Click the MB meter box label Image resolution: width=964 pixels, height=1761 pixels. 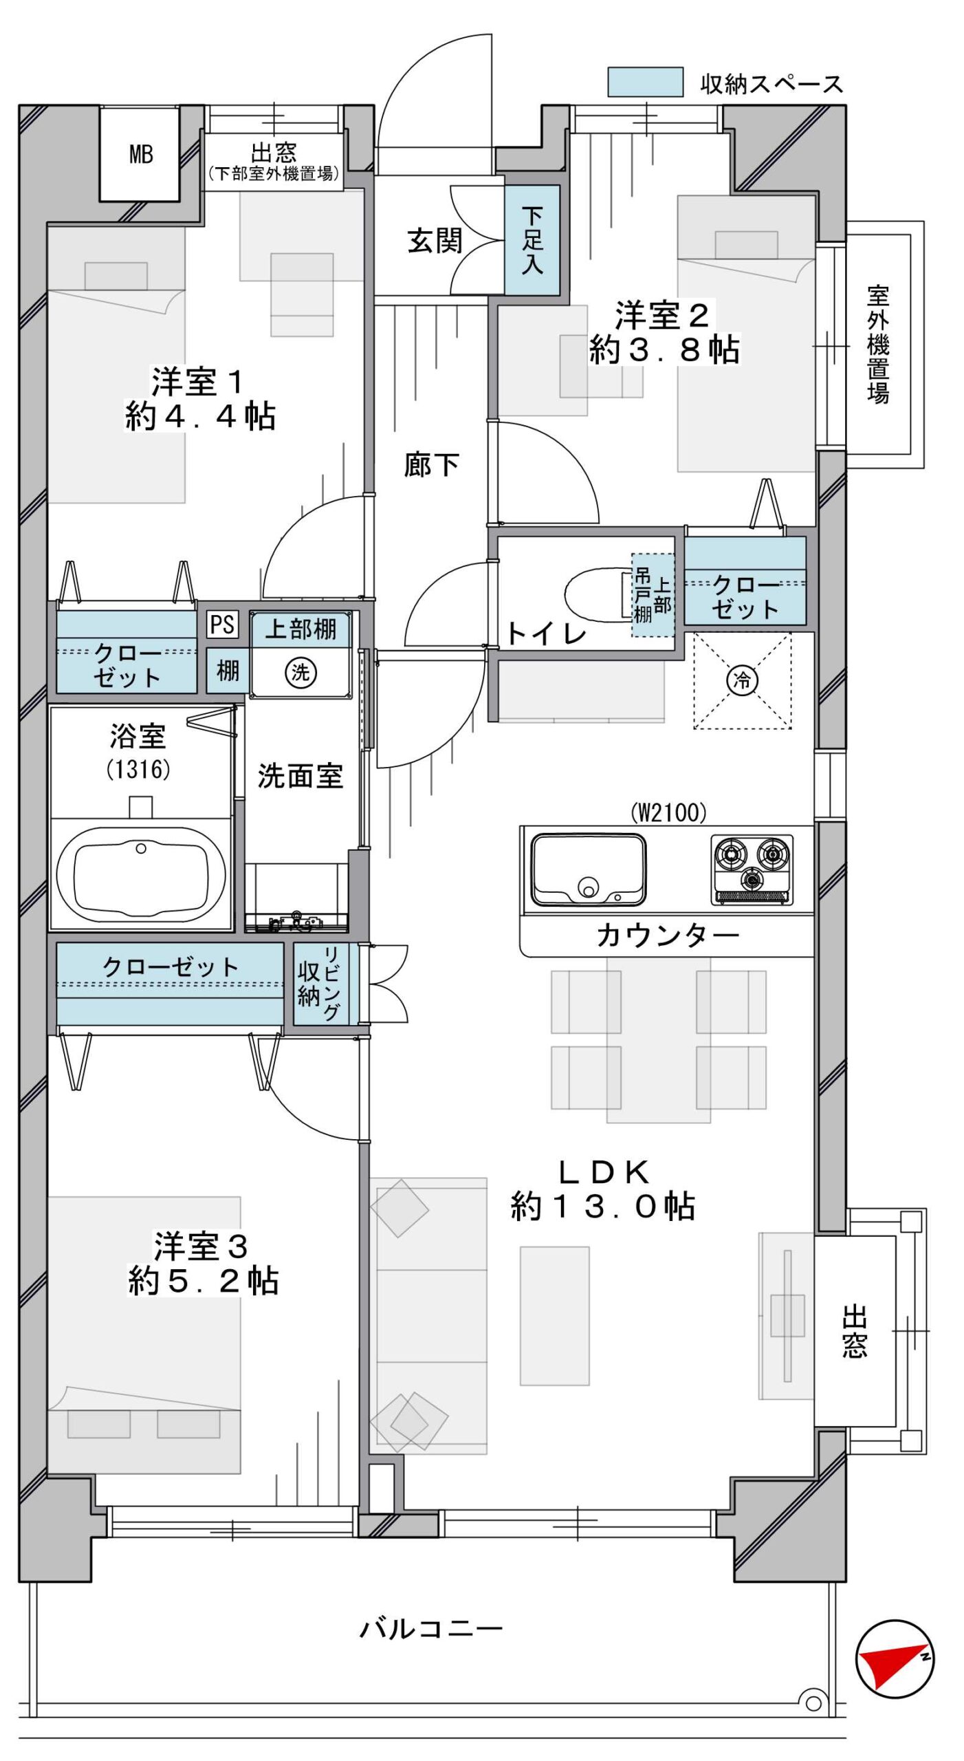(141, 154)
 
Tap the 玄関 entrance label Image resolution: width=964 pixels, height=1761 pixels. (435, 241)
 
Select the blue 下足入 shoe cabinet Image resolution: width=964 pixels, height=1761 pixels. (532, 240)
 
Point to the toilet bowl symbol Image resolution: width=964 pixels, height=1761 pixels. (597, 593)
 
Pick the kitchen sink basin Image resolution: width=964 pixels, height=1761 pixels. (588, 869)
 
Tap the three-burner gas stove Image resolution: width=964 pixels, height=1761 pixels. (752, 869)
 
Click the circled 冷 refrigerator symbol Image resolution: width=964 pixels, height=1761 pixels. (743, 680)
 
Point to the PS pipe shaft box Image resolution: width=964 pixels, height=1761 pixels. (222, 625)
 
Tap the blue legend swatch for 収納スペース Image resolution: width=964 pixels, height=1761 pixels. (645, 82)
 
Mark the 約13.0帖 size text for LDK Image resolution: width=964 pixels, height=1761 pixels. (603, 1206)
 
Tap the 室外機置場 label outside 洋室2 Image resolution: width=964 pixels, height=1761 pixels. (878, 344)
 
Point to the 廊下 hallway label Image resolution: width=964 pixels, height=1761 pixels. (431, 465)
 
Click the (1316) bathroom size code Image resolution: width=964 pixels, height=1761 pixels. (138, 769)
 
